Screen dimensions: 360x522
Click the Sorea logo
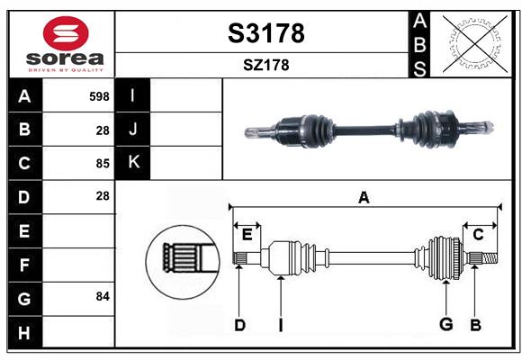(x=65, y=43)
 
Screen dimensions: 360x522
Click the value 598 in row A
(x=99, y=96)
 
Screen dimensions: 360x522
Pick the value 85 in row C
(x=102, y=163)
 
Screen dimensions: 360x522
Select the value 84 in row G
(x=102, y=296)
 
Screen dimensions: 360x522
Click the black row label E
(x=24, y=230)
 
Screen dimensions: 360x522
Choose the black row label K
(x=133, y=162)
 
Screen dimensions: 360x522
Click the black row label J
(x=133, y=130)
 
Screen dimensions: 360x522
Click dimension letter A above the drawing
(x=364, y=198)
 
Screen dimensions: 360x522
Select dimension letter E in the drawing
(x=247, y=234)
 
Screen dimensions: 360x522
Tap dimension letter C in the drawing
(x=479, y=234)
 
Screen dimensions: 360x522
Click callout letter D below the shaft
(x=239, y=325)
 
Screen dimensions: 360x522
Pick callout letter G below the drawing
(x=445, y=325)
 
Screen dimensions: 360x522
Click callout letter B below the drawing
(x=475, y=325)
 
